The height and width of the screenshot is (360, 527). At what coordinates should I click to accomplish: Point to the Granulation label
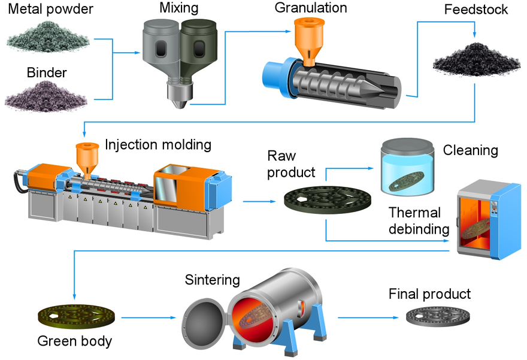311,8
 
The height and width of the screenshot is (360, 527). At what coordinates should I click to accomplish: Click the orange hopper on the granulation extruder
310,40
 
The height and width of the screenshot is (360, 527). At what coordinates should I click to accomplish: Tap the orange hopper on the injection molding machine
87,157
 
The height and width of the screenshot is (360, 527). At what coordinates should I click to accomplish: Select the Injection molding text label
158,145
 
